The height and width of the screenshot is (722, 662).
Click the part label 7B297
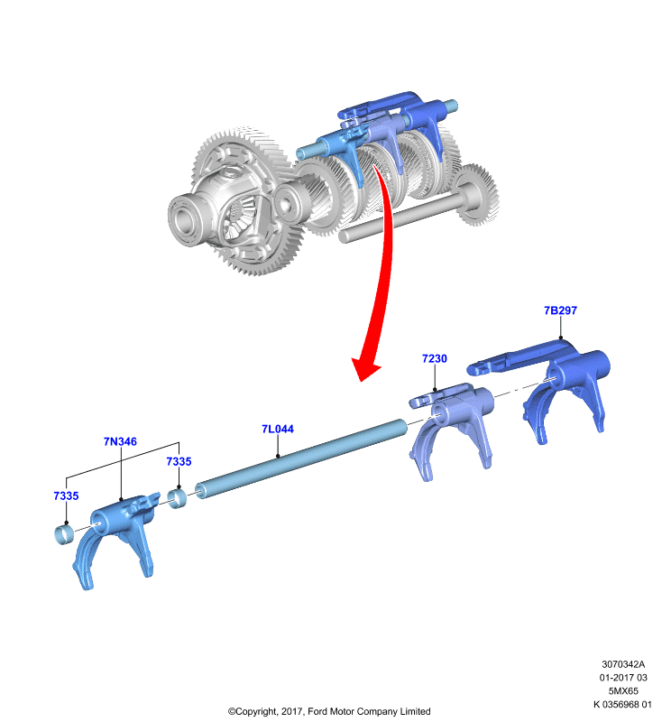click(560, 310)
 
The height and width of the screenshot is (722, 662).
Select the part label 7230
click(435, 358)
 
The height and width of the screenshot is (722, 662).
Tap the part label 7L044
click(278, 429)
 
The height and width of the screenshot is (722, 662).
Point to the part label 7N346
click(120, 441)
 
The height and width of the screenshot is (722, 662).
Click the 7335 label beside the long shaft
click(179, 461)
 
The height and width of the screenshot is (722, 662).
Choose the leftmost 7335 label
click(66, 495)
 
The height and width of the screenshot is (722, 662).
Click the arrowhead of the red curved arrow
click(366, 369)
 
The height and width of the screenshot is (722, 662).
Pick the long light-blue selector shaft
click(301, 458)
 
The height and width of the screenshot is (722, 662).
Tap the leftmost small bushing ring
click(65, 534)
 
